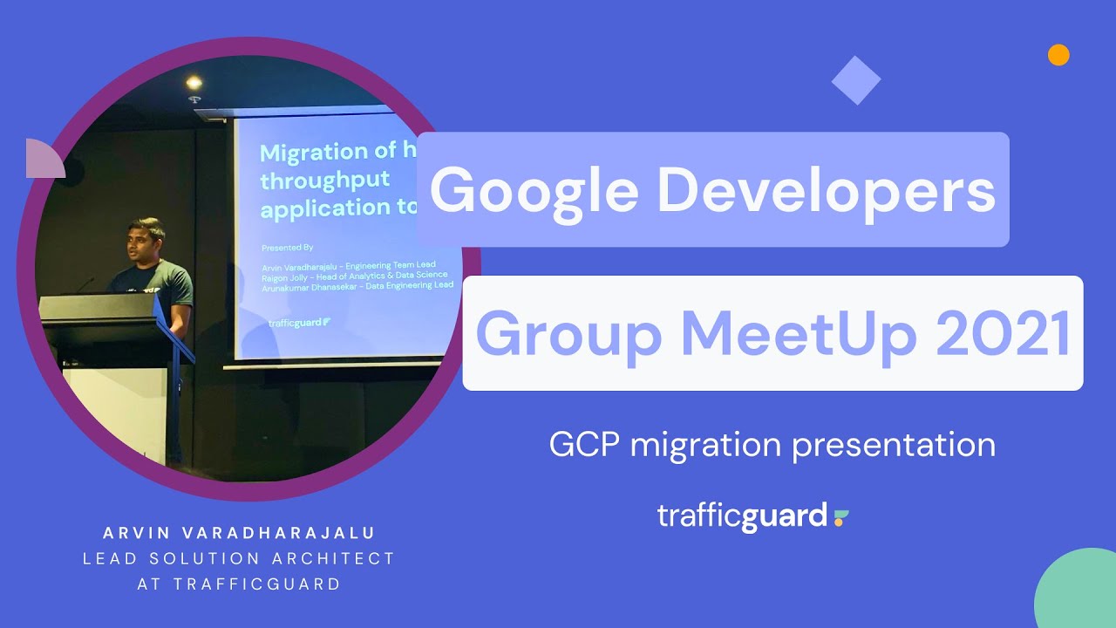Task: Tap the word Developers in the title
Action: click(827, 191)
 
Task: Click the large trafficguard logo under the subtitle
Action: click(752, 515)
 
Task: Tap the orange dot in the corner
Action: click(1058, 55)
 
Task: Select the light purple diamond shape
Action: click(856, 80)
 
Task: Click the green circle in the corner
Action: click(1079, 593)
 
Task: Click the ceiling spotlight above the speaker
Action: click(194, 83)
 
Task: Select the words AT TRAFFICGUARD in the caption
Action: click(239, 584)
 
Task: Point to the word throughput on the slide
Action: click(325, 181)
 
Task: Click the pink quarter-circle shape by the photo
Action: click(44, 159)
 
